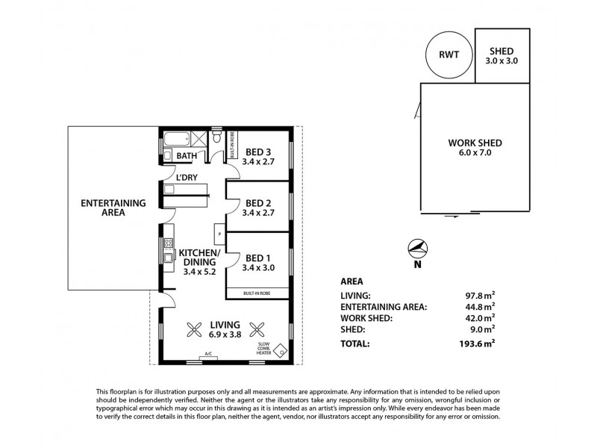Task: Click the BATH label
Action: coord(186,156)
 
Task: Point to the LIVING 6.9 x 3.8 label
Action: coord(225,330)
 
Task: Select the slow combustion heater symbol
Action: coord(281,349)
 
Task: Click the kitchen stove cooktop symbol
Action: coord(168,245)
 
